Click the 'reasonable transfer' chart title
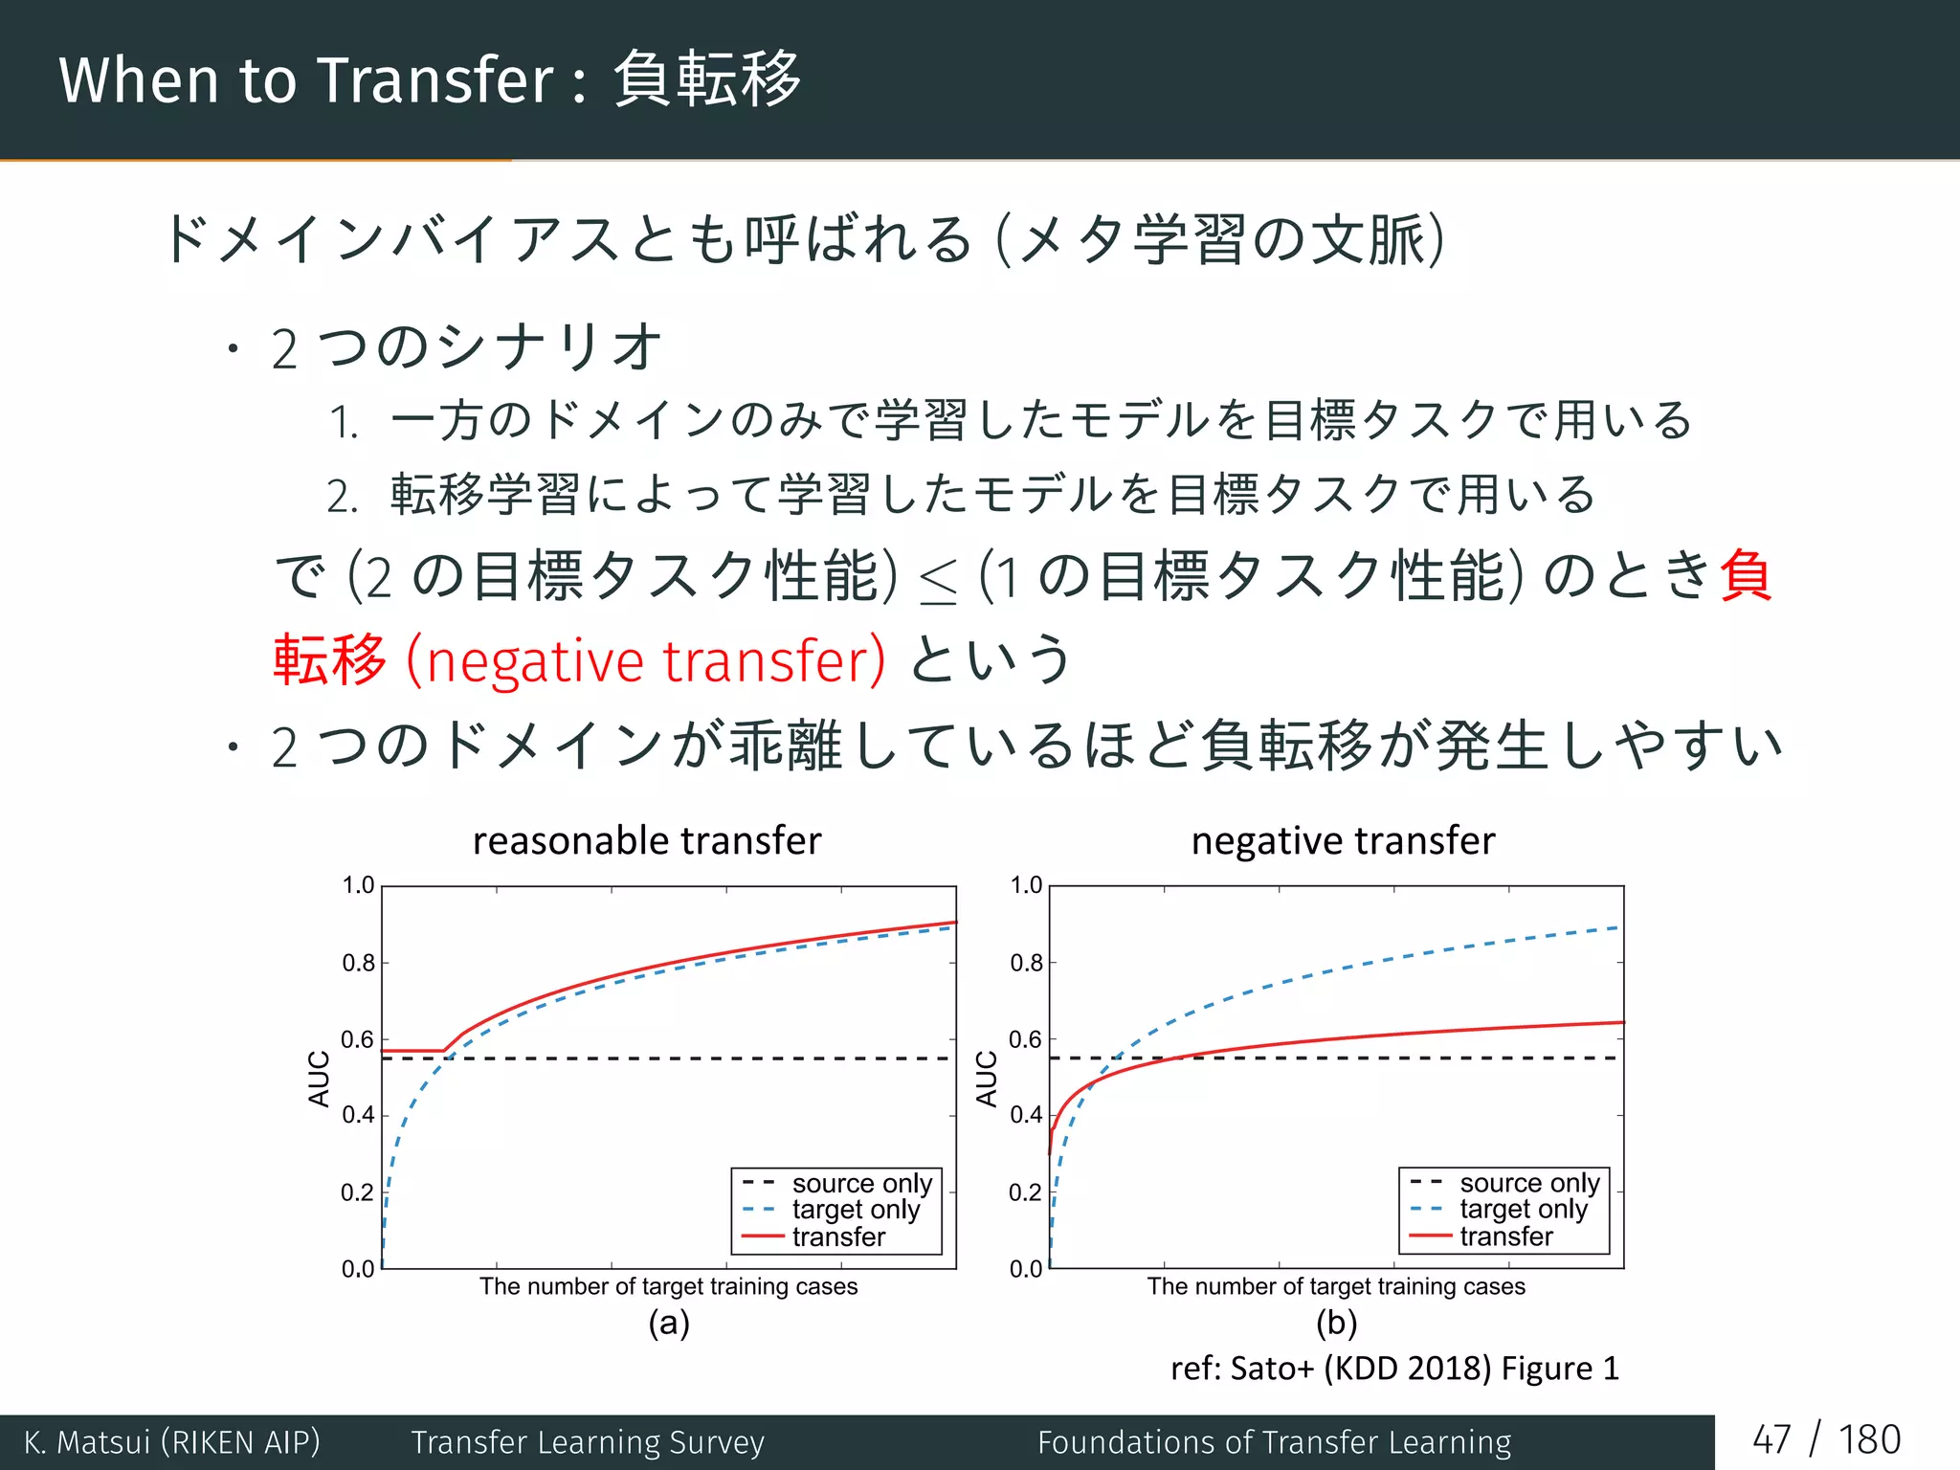click(647, 841)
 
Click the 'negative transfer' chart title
click(1343, 841)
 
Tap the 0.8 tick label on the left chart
click(359, 963)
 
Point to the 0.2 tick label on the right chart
click(1026, 1192)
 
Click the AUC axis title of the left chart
click(319, 1079)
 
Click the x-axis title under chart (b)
click(1336, 1286)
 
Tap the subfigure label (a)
click(669, 1324)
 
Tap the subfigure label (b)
click(1336, 1324)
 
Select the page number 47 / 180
click(1826, 1439)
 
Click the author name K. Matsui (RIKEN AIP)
click(172, 1441)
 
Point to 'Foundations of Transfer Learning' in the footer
click(1274, 1441)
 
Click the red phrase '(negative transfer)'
click(646, 661)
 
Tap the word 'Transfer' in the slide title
click(435, 80)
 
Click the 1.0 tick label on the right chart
click(1026, 885)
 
